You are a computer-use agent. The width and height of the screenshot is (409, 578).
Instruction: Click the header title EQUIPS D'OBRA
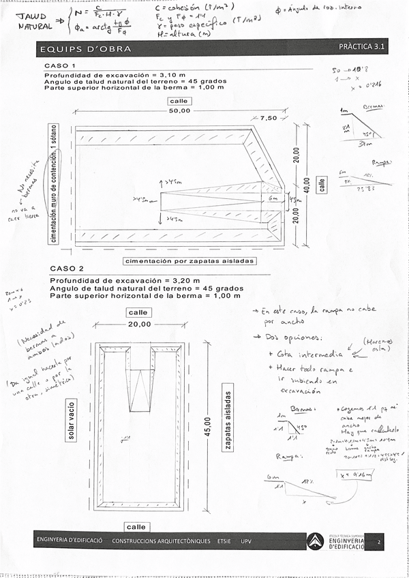85,49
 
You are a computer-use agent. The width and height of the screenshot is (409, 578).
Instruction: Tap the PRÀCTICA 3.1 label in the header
362,47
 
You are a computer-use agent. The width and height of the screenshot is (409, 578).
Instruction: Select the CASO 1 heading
61,66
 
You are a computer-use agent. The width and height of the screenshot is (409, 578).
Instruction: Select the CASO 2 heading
65,268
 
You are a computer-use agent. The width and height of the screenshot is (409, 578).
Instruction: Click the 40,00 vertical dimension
307,184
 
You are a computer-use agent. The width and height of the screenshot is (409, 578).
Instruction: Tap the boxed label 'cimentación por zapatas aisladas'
189,261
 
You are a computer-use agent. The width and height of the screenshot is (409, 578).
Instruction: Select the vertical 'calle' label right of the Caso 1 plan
322,184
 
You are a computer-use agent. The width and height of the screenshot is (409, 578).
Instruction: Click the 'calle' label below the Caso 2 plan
136,527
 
